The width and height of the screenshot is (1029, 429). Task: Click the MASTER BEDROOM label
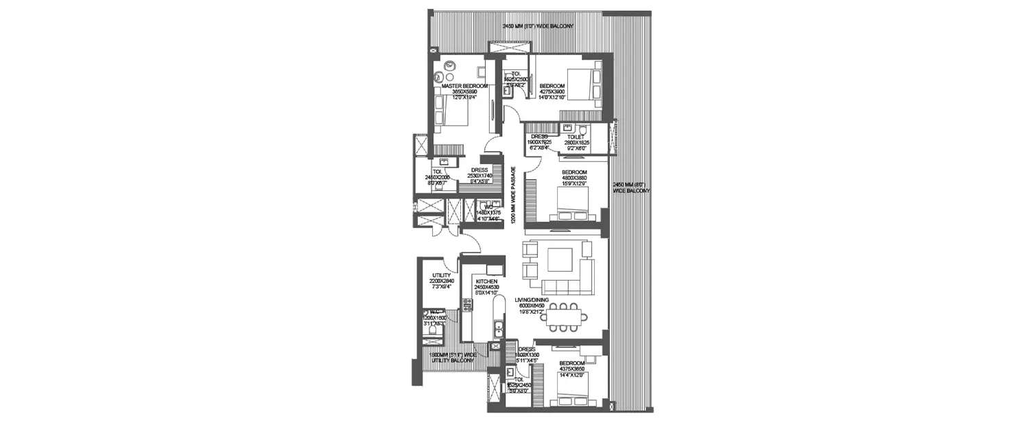coord(460,86)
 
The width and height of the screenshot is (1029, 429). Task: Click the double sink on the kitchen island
coord(499,331)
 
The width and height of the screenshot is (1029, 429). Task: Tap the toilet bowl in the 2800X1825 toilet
coord(583,130)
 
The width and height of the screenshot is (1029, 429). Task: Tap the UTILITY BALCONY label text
coord(453,357)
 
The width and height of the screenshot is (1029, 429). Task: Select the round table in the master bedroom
coord(451,67)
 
